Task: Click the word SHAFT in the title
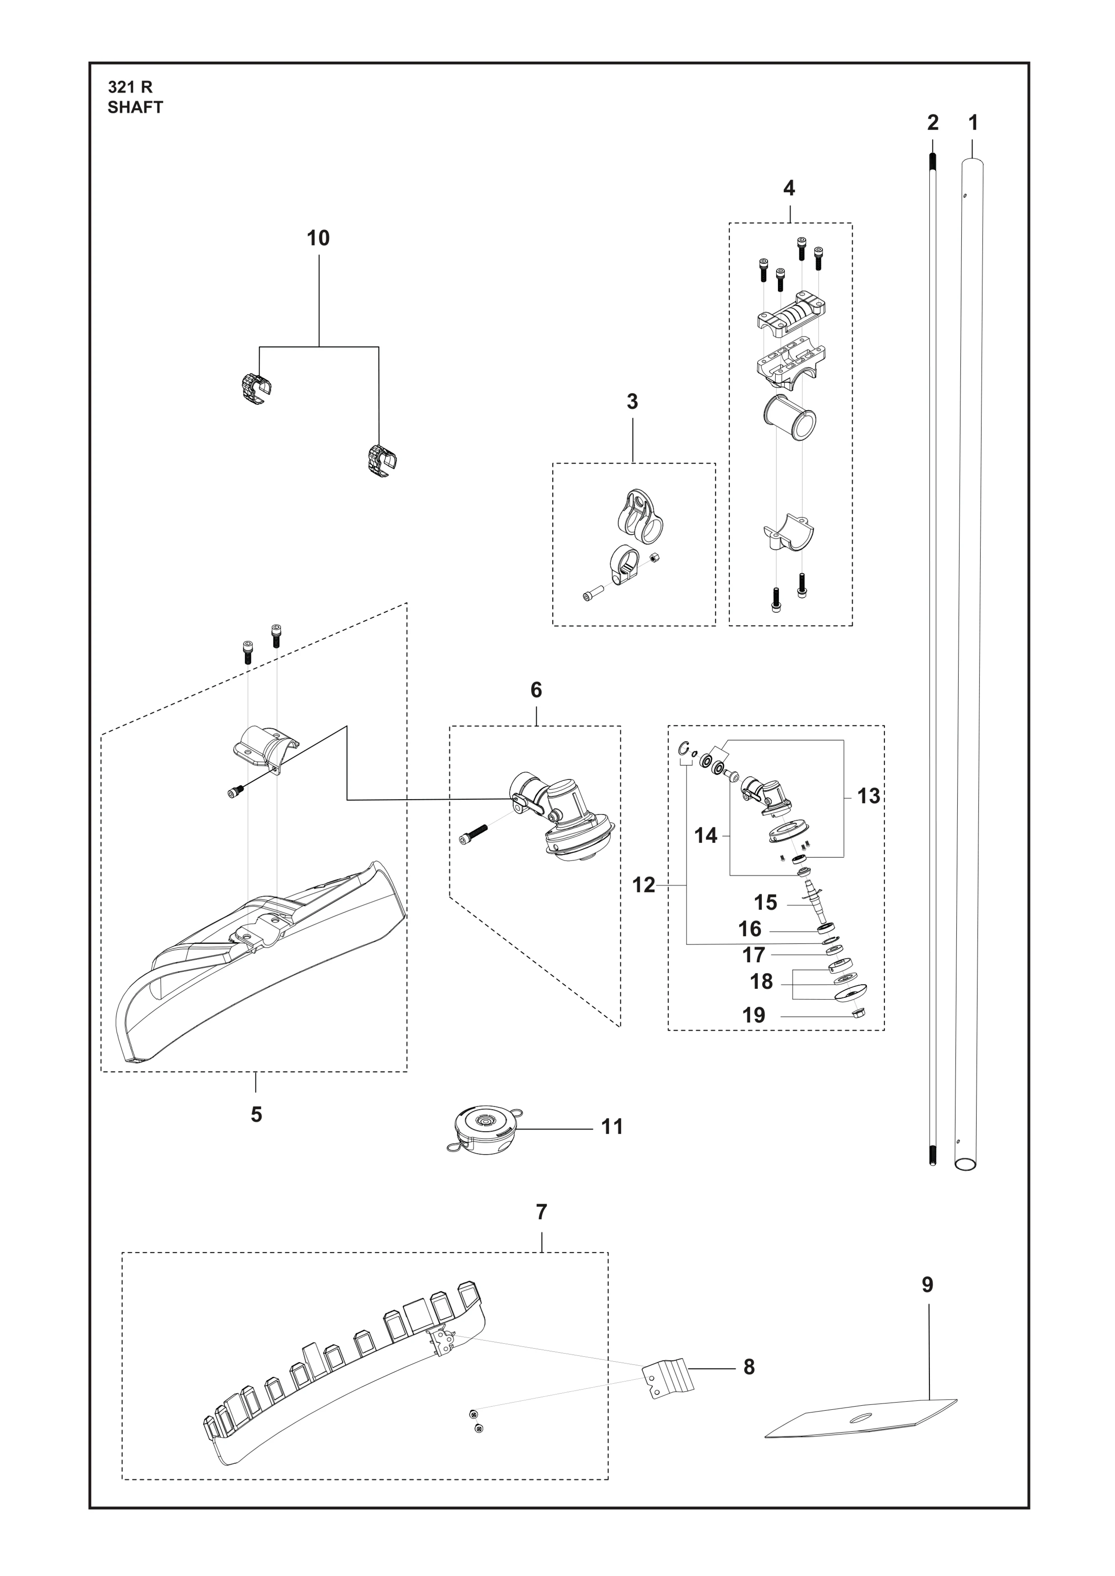(x=135, y=108)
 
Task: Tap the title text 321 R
(x=131, y=87)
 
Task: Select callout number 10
(x=318, y=238)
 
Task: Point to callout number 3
(x=633, y=402)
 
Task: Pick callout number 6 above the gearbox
(x=536, y=690)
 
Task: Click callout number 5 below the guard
(x=256, y=1114)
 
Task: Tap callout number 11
(x=612, y=1127)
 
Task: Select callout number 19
(x=754, y=1015)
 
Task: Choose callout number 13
(x=869, y=796)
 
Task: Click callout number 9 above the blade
(x=928, y=1285)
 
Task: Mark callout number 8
(x=749, y=1368)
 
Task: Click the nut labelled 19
(x=857, y=1012)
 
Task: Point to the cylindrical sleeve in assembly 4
(x=790, y=417)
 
